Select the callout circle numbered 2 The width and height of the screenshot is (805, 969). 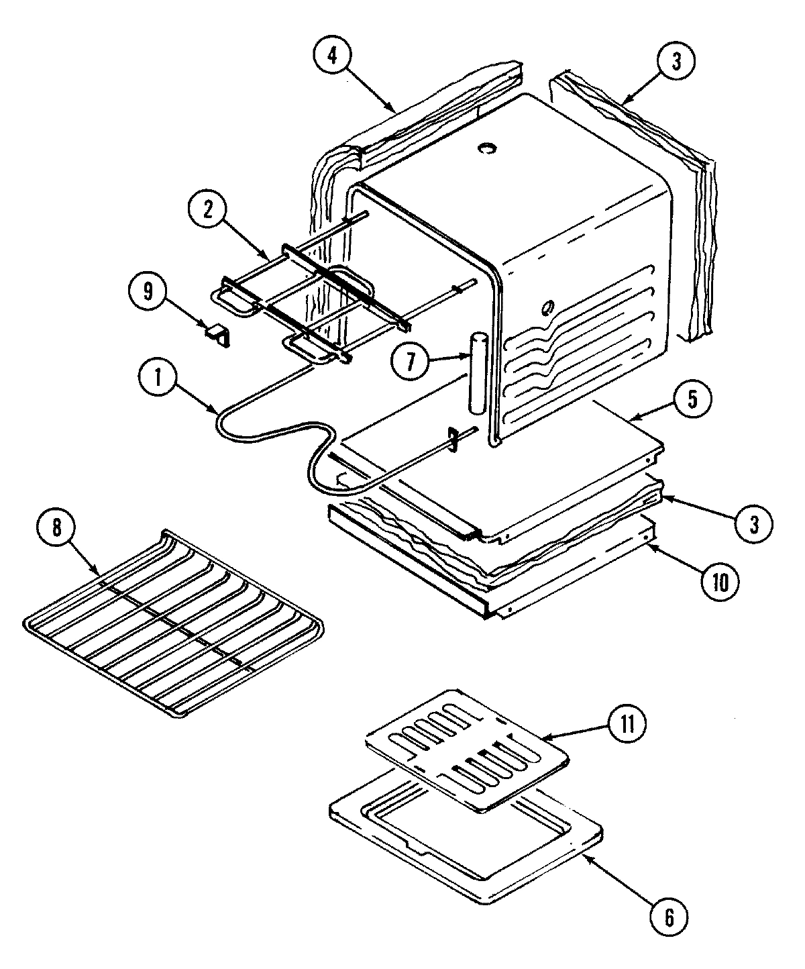(209, 210)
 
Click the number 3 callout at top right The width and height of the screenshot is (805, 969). (676, 61)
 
